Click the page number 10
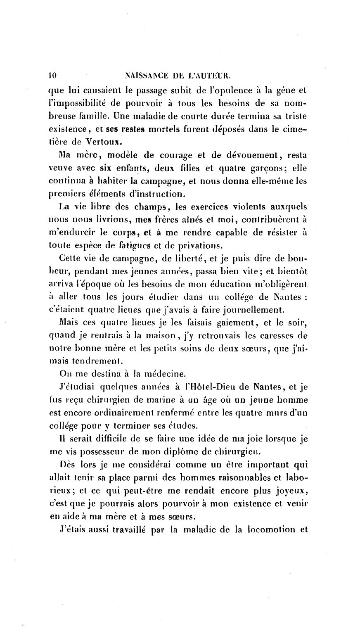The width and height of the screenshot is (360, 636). coord(52,76)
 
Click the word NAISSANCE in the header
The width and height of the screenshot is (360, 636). coord(146,76)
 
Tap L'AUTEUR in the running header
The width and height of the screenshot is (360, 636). coord(209,76)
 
